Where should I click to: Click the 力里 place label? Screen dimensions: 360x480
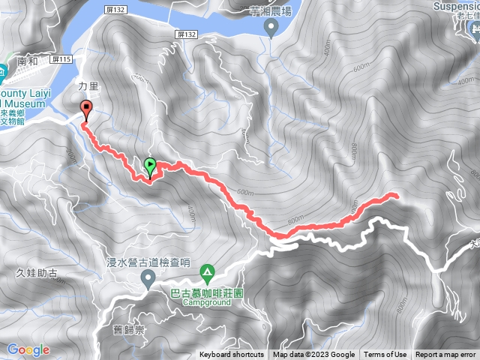click(88, 86)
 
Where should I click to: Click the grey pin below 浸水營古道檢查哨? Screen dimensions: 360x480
click(148, 280)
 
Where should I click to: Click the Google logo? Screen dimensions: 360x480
click(28, 349)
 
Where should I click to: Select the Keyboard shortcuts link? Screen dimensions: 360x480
click(231, 355)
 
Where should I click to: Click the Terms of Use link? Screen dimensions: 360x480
click(385, 355)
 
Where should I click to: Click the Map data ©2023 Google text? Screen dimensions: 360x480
click(313, 355)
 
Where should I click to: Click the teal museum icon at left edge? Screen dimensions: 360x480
click(2, 73)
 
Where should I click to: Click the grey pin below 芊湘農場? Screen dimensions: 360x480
click(272, 28)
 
